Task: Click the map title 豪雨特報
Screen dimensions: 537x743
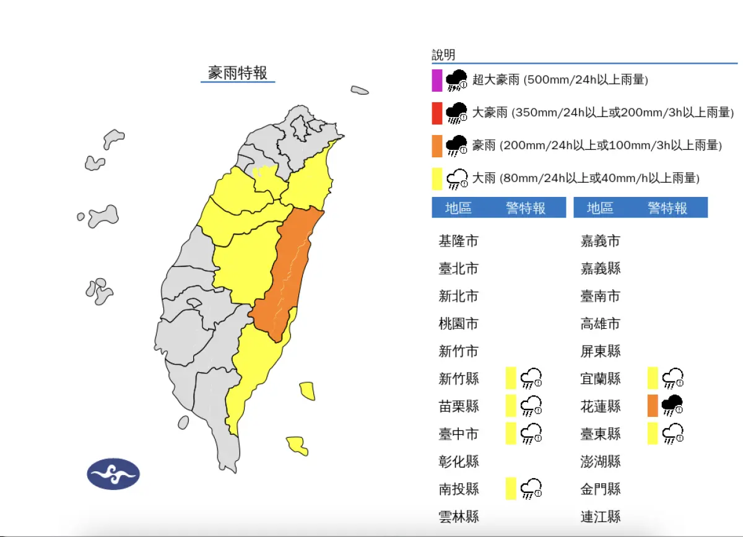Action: pos(238,73)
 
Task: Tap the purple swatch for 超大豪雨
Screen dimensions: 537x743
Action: pos(437,81)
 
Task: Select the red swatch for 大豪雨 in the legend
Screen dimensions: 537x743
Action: pos(437,113)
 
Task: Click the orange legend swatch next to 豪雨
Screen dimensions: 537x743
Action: pos(437,146)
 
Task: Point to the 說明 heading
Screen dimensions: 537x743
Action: pos(443,55)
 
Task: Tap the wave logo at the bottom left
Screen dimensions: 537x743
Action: pos(113,474)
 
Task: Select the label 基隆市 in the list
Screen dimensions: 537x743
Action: pos(458,241)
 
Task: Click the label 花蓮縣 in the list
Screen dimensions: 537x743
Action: pos(600,406)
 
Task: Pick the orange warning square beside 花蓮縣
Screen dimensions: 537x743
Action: pos(653,406)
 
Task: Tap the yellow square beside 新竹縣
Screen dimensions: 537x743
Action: pos(511,377)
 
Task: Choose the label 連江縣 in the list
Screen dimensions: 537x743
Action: pos(600,517)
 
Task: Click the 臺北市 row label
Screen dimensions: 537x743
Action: pos(458,269)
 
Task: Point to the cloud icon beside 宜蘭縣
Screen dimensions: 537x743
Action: pos(672,377)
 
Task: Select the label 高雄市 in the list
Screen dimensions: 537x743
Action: pos(600,324)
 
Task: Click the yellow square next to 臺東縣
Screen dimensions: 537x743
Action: pos(653,433)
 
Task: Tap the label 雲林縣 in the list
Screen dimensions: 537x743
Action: pos(458,517)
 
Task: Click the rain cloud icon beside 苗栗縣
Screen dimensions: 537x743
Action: pos(531,406)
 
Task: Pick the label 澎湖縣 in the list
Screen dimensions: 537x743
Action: pos(600,461)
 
